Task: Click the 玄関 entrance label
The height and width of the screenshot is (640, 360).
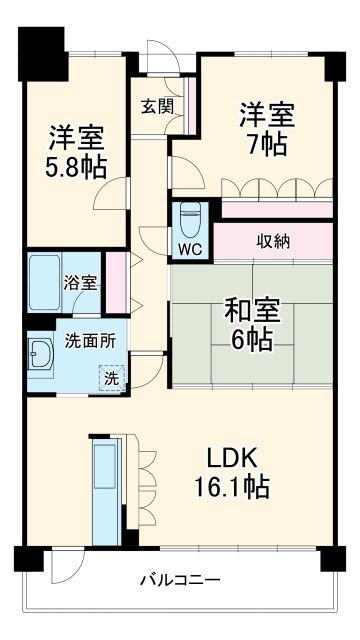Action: (x=156, y=105)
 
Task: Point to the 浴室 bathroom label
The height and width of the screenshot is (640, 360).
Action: (x=81, y=283)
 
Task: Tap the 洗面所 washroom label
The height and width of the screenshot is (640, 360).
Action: (x=90, y=340)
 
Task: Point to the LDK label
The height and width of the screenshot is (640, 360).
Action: (x=233, y=459)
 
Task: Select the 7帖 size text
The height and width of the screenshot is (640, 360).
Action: (x=265, y=144)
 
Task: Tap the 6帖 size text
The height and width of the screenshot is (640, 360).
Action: (x=252, y=340)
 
